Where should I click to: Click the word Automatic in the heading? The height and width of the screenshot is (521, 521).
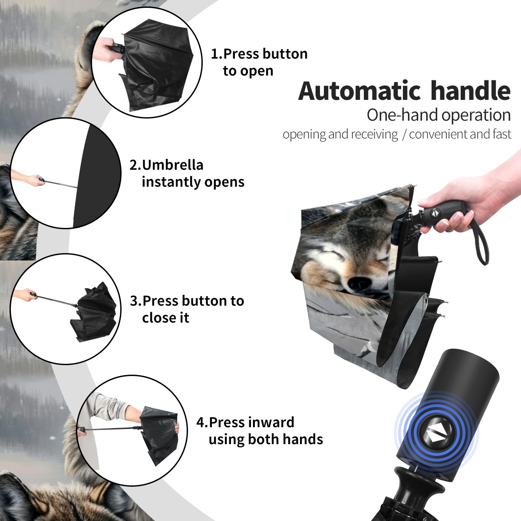(x=359, y=91)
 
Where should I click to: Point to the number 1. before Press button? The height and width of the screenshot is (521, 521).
(x=217, y=54)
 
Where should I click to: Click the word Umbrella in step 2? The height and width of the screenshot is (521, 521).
(x=172, y=165)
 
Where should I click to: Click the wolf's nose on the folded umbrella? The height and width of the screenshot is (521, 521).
(x=359, y=283)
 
